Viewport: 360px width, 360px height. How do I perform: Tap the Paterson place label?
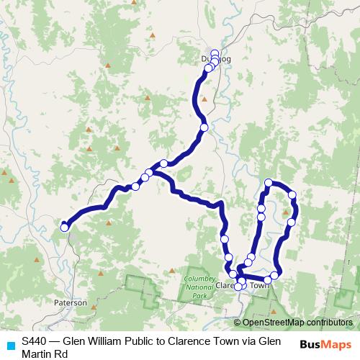tap(71, 303)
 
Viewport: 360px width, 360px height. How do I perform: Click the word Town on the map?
tap(260, 285)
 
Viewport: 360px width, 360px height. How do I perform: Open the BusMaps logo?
tap(325, 344)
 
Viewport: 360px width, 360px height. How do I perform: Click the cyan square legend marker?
tap(10, 345)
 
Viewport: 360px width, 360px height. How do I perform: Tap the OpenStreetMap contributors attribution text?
tap(297, 323)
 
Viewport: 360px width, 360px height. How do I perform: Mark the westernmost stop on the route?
tap(64, 228)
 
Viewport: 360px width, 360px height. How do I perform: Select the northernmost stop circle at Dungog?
tap(215, 53)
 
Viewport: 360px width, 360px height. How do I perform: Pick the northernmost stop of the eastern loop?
tap(268, 183)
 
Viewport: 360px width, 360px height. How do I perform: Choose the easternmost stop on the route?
tap(292, 194)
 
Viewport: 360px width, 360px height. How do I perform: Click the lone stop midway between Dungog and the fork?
tap(204, 127)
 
